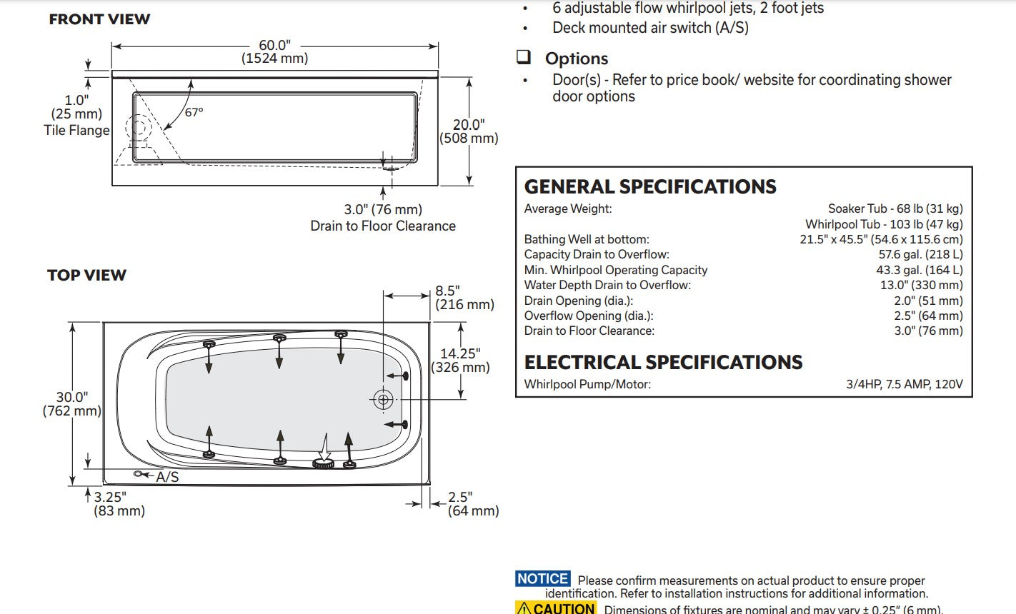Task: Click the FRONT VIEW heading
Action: point(99,20)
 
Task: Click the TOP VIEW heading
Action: point(86,275)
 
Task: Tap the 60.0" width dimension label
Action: point(274,46)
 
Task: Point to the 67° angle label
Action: point(194,112)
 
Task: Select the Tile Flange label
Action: point(76,130)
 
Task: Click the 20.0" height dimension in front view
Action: point(469,125)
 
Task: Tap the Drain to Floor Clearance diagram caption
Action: point(383,226)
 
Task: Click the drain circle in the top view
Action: point(383,400)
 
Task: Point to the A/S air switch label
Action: point(167,476)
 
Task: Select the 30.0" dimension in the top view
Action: point(71,397)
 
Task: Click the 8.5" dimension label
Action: point(448,291)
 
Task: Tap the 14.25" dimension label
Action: point(460,353)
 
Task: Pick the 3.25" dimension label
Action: point(110,497)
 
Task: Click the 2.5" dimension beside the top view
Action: point(460,497)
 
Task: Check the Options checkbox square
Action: point(524,57)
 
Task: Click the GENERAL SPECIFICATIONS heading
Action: point(650,187)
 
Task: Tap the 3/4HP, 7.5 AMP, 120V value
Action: point(905,384)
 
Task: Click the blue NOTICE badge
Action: point(543,579)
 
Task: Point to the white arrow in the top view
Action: point(324,449)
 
